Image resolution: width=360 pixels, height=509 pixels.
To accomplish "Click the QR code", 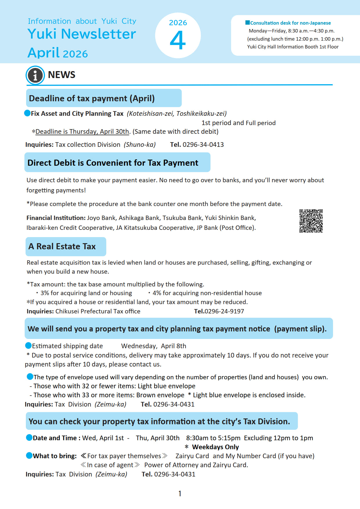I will coord(311,221).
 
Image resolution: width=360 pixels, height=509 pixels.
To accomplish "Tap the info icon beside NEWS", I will coord(35,75).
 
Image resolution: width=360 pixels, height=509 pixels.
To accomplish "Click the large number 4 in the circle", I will coord(178,40).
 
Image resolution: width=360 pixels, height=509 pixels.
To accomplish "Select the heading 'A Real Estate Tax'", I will coord(62,246).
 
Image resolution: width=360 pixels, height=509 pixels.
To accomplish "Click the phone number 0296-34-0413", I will coord(203,145).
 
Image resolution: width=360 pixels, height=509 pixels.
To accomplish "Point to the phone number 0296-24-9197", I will coord(224,311).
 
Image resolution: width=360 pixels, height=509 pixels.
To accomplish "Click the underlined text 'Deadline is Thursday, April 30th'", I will coord(82,131).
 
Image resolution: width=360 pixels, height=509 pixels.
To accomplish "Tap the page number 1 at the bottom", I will coord(180,493).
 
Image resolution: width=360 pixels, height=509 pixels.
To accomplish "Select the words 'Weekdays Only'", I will coord(215,447).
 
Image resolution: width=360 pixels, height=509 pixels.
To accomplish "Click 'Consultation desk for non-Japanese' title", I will coord(290,23).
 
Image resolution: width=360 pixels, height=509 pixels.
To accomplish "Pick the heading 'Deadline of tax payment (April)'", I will coord(92,98).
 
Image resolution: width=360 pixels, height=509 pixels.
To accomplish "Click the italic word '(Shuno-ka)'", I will coord(140,145).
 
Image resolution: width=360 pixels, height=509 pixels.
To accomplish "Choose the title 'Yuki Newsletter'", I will coord(82,34).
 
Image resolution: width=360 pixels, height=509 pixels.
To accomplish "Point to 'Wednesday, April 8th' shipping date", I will coord(154,346).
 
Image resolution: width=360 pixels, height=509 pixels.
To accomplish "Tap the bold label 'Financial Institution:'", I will coord(56,218).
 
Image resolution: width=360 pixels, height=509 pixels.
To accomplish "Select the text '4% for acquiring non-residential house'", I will coord(207,293).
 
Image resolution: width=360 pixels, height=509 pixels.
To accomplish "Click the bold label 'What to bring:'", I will coord(55,456).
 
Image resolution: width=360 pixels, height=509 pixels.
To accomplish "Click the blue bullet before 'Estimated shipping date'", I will coord(28,346).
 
